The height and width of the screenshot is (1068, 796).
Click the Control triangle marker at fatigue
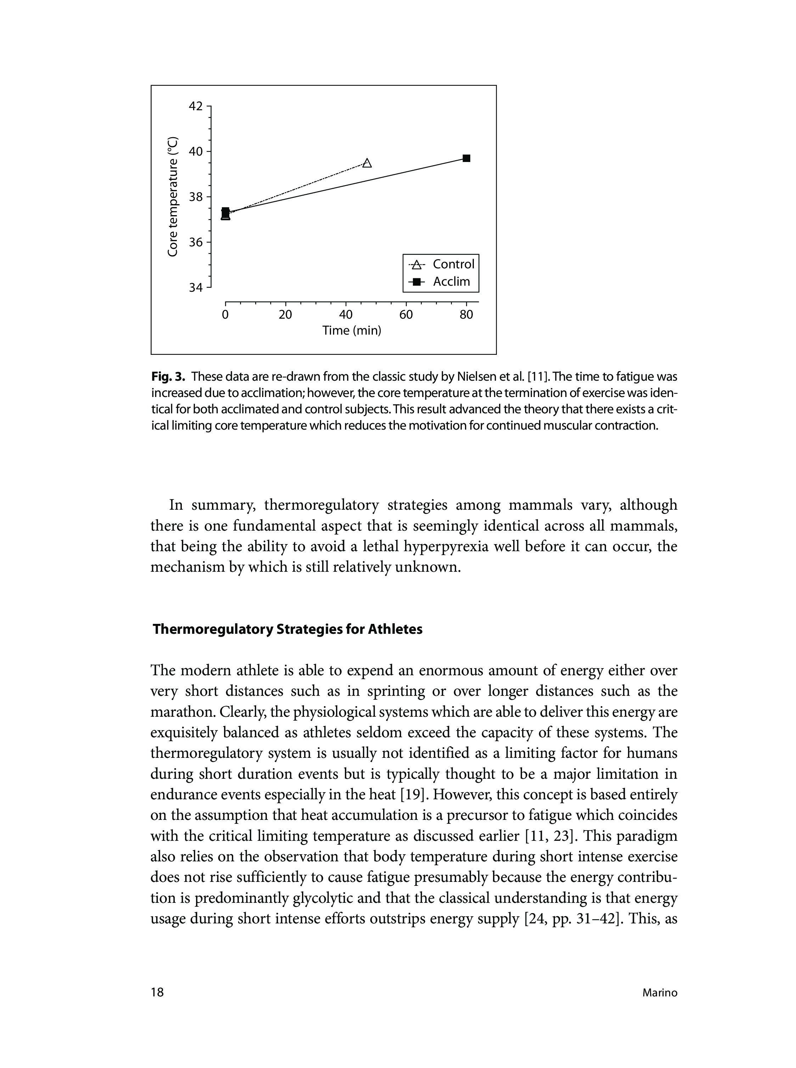pyautogui.click(x=367, y=163)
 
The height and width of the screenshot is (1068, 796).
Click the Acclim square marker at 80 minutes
pyautogui.click(x=466, y=158)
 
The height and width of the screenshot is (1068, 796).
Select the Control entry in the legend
pyautogui.click(x=442, y=264)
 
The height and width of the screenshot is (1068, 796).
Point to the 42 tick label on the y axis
pyautogui.click(x=196, y=106)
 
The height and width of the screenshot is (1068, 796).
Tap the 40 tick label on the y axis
pyautogui.click(x=196, y=151)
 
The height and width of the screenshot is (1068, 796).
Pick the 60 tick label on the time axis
pyautogui.click(x=406, y=315)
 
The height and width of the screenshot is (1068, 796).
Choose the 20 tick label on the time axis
pyautogui.click(x=285, y=315)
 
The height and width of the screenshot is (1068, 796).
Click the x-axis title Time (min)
pyautogui.click(x=352, y=331)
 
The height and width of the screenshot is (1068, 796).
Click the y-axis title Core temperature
pyautogui.click(x=173, y=197)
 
